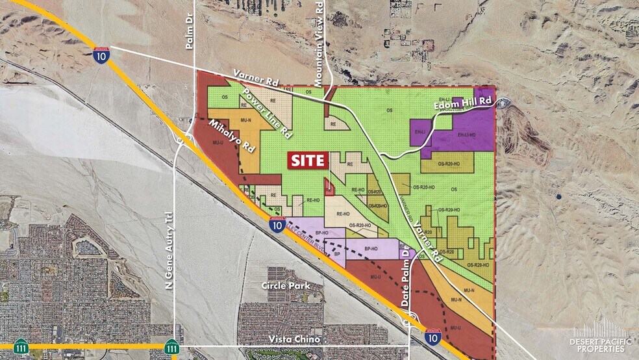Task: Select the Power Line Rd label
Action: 266,111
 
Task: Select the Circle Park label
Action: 282,285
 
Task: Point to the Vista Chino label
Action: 291,339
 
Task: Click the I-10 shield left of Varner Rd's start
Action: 100,56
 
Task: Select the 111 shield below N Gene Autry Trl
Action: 171,348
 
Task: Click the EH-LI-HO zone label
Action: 466,135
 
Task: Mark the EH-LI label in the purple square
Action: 420,132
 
